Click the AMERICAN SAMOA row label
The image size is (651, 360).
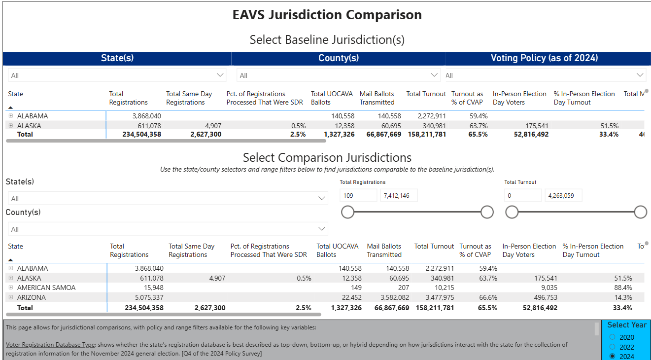pyautogui.click(x=46, y=288)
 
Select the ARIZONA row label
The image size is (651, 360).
pyautogui.click(x=32, y=297)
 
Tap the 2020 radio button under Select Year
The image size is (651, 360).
pyautogui.click(x=613, y=337)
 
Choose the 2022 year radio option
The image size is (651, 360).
pyautogui.click(x=613, y=347)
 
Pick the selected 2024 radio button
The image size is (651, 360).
pyautogui.click(x=613, y=356)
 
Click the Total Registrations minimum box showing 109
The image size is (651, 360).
pyautogui.click(x=358, y=195)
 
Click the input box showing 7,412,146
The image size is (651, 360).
pyautogui.click(x=399, y=195)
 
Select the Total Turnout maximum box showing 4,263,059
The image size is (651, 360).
pyautogui.click(x=563, y=195)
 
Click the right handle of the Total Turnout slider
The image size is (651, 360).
pyautogui.click(x=640, y=212)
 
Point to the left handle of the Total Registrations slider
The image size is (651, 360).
pyautogui.click(x=347, y=212)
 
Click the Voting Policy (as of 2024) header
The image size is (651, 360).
pyautogui.click(x=544, y=58)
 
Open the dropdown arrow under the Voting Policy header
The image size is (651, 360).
pyautogui.click(x=640, y=75)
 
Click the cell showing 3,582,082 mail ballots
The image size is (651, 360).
pyautogui.click(x=391, y=297)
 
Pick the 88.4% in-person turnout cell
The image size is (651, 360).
pyautogui.click(x=622, y=288)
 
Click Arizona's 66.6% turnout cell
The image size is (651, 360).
pyautogui.click(x=488, y=297)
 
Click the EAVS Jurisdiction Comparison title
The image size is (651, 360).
pyautogui.click(x=327, y=15)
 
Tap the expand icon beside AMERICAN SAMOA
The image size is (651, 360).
pyautogui.click(x=11, y=288)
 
